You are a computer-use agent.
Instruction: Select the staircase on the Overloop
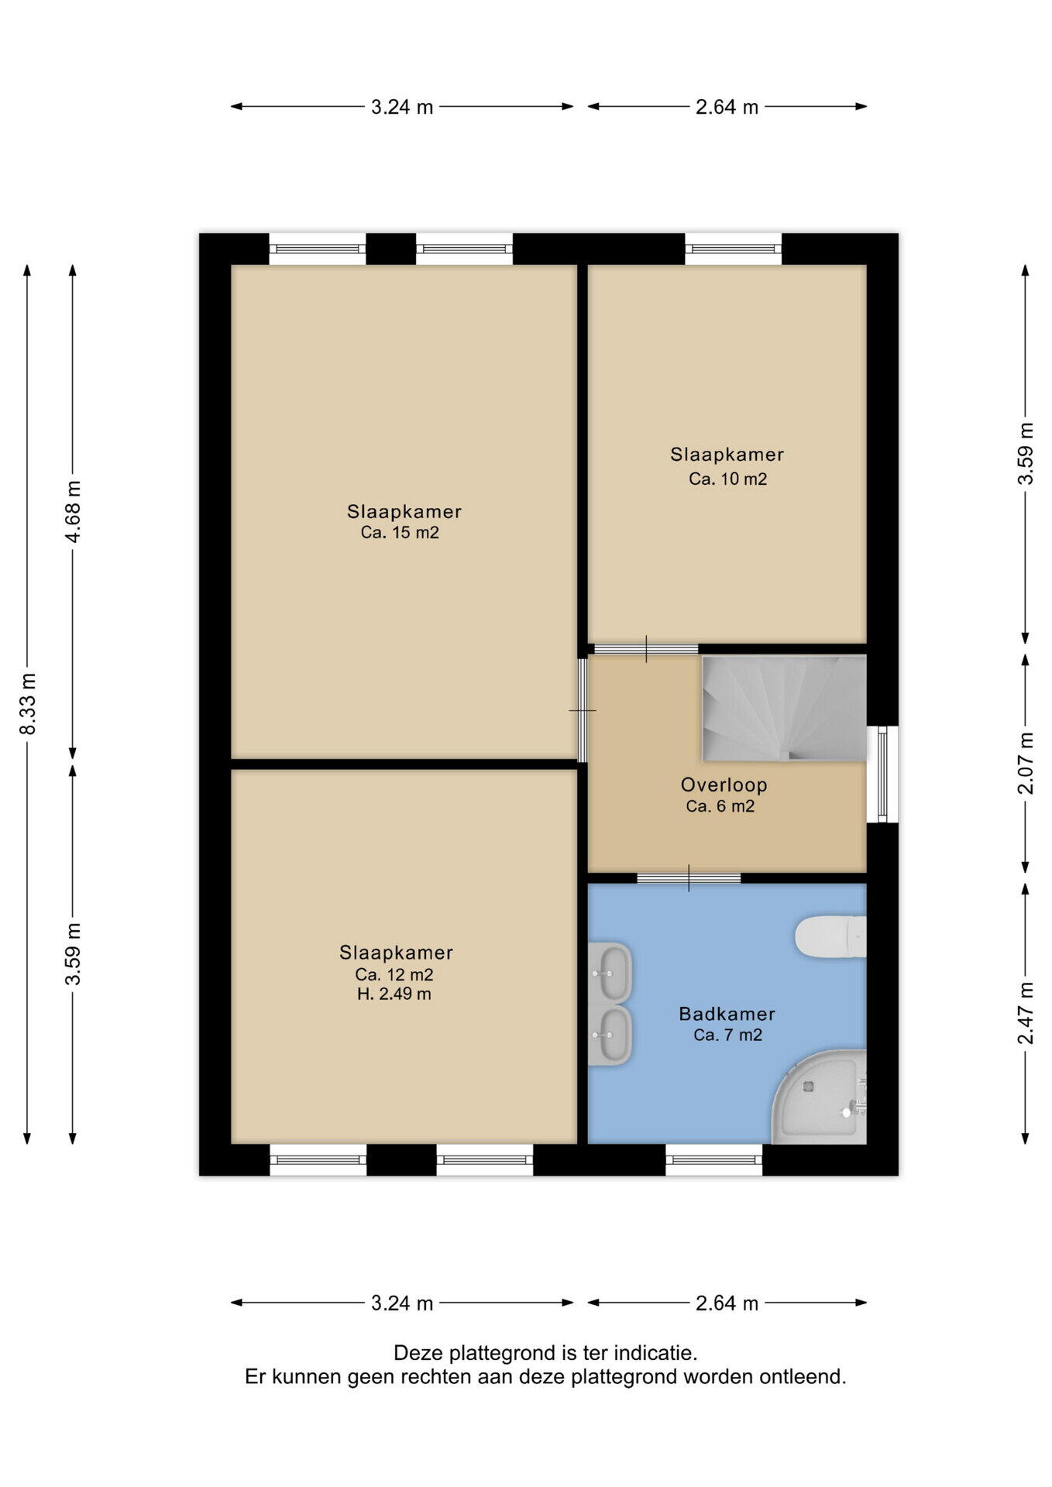pyautogui.click(x=784, y=708)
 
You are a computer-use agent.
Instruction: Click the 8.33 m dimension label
pyautogui.click(x=28, y=703)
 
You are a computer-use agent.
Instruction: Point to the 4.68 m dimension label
pyautogui.click(x=73, y=512)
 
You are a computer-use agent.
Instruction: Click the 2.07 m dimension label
pyautogui.click(x=1026, y=763)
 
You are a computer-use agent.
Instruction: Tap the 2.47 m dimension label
pyautogui.click(x=1026, y=1013)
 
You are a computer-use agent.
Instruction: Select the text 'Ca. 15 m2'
pyautogui.click(x=400, y=533)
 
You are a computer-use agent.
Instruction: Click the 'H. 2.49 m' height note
pyautogui.click(x=394, y=994)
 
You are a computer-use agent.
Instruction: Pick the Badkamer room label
pyautogui.click(x=727, y=1013)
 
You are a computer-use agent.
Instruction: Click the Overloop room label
pyautogui.click(x=724, y=785)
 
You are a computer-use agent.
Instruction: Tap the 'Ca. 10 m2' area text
pyautogui.click(x=728, y=479)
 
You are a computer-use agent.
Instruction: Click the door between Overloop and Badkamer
pyautogui.click(x=689, y=877)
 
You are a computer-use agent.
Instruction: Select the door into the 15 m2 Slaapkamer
pyautogui.click(x=583, y=710)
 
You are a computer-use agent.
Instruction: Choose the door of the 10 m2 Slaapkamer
pyautogui.click(x=646, y=649)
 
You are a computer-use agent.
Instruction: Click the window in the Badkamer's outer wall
pyautogui.click(x=714, y=1159)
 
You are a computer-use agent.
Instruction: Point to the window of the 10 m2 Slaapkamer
pyautogui.click(x=734, y=249)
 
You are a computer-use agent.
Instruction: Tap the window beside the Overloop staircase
pyautogui.click(x=882, y=774)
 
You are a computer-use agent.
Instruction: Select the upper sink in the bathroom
pyautogui.click(x=610, y=971)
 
